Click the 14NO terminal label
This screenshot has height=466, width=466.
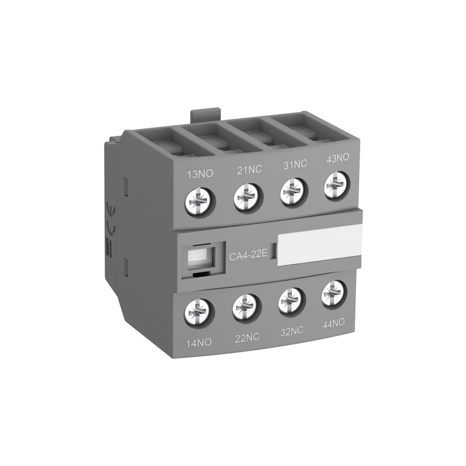[198, 342]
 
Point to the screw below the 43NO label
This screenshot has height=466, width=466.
[336, 186]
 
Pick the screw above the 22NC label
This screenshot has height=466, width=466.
[245, 307]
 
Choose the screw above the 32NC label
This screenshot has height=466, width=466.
[291, 301]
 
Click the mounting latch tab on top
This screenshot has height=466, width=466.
[205, 115]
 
